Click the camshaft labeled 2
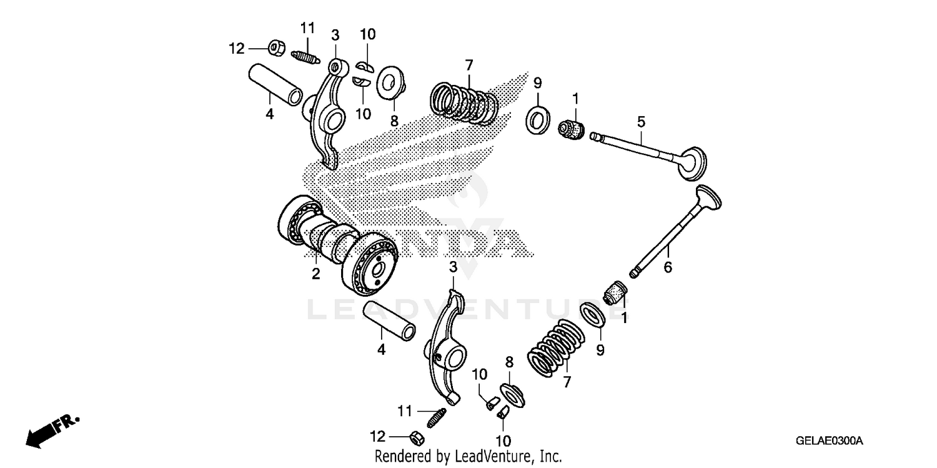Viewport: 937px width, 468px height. (337, 244)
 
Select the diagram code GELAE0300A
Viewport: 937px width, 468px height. (828, 441)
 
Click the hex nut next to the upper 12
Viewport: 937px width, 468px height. (277, 47)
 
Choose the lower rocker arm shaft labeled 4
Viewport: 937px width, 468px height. (390, 320)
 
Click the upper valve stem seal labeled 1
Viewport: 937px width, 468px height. (571, 127)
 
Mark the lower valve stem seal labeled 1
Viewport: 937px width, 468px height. (615, 291)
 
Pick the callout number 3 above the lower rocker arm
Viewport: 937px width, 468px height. (453, 267)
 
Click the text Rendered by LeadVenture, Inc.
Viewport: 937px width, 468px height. (468, 456)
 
